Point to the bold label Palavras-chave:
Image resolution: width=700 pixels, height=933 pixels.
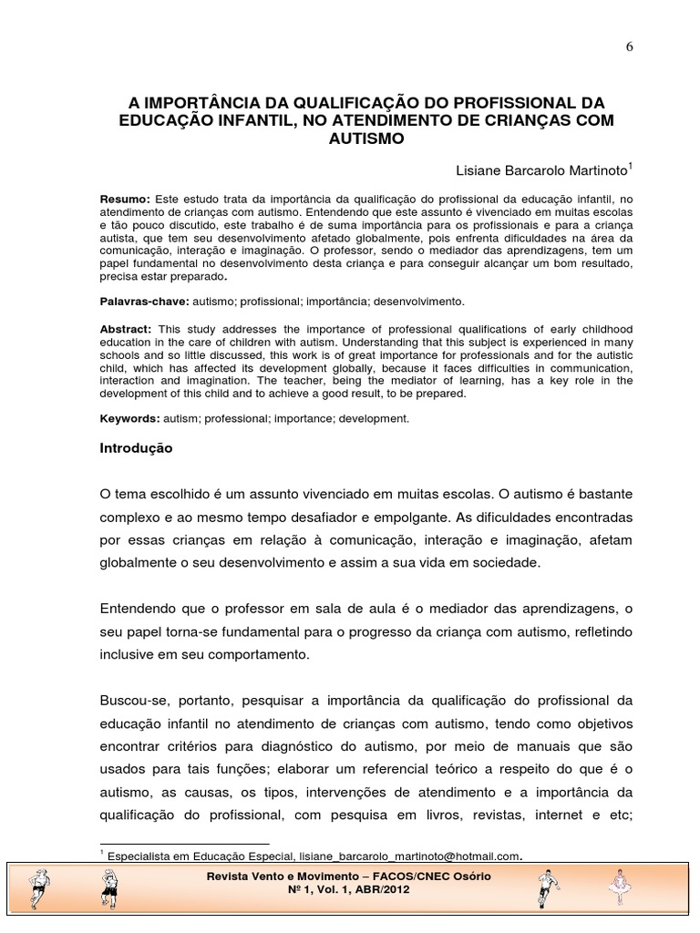pos(144,300)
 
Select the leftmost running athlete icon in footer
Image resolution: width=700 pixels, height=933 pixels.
pos(40,886)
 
